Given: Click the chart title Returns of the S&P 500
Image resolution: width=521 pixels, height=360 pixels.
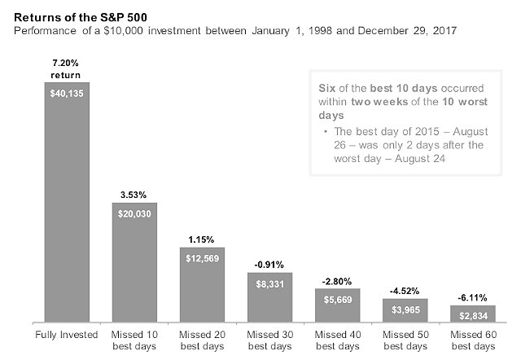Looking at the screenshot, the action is pos(81,17).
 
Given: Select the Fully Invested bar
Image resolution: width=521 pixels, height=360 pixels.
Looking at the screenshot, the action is pos(67,202).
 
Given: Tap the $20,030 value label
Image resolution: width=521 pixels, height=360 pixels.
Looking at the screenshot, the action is pos(134,213).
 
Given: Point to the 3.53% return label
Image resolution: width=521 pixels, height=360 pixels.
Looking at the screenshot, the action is pos(134,195).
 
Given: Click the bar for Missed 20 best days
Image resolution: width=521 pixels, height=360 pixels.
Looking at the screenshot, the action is pos(203,284).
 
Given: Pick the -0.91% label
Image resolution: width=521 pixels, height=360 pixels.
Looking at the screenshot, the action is pos(269,265).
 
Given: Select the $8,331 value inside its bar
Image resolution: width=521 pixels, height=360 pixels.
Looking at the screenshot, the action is pos(270,284).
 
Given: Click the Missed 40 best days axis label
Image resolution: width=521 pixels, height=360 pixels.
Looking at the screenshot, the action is pos(338,340).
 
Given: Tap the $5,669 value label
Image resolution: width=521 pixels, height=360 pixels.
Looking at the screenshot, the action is pos(338,300).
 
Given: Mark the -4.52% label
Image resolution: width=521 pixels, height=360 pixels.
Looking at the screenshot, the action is pos(405,292).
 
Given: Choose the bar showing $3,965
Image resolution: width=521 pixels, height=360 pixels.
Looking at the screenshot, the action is pos(405,310).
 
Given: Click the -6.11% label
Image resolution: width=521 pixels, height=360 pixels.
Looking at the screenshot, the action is pos(472,298).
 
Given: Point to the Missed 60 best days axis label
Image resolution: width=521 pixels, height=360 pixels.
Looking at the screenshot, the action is pos(473,340).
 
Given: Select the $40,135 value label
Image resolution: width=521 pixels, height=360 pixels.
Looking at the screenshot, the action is pos(67,94).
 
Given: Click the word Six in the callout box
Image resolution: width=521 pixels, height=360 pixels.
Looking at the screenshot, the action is pos(327,88).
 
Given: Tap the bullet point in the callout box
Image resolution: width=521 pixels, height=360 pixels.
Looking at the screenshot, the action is pos(326,131).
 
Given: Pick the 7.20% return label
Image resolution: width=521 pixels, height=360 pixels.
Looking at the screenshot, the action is pos(65,69).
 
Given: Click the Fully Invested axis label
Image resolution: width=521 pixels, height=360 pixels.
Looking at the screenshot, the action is pos(67,335).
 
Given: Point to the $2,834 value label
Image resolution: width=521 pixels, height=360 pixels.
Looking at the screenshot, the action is pos(474,316).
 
